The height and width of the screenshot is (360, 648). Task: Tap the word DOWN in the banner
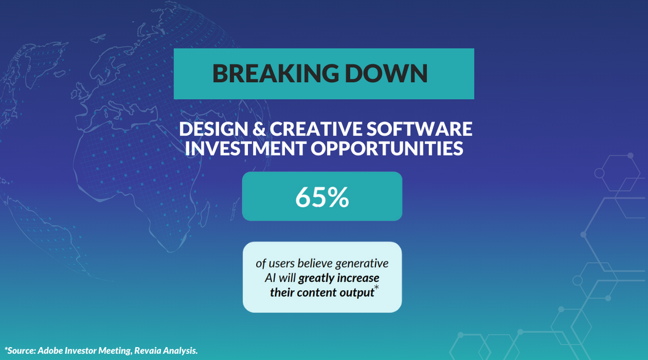click(386, 73)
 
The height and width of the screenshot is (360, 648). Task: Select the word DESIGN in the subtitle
click(214, 129)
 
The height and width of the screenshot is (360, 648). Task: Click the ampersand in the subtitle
click(259, 129)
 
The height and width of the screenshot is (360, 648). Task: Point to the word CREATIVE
click(316, 129)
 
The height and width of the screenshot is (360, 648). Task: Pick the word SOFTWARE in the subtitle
click(419, 129)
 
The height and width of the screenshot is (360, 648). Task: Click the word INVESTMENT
click(246, 149)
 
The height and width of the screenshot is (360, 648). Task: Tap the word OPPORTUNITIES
click(387, 149)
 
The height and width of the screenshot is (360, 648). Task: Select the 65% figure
click(322, 197)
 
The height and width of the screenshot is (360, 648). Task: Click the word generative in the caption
click(362, 264)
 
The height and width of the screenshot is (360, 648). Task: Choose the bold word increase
click(359, 278)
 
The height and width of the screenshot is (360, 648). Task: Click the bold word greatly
click(317, 278)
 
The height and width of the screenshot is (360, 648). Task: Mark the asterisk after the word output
click(377, 287)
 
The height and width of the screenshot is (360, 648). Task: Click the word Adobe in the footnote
click(50, 351)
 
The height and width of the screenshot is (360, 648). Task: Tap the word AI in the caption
click(270, 278)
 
